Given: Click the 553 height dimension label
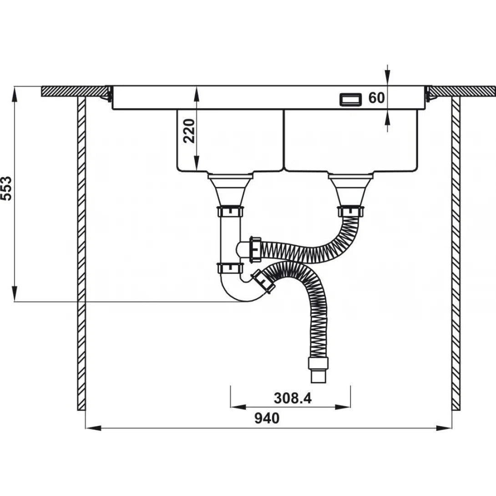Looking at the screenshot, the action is (6, 188).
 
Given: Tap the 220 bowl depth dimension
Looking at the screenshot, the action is (189, 131).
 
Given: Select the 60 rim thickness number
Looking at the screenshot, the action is (376, 98).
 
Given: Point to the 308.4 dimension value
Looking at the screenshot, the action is (293, 398).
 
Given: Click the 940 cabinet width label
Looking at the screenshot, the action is (267, 418).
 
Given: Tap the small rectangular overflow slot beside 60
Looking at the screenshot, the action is (350, 99).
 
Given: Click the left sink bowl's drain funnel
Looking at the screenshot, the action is (230, 190).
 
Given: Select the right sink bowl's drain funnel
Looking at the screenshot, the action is (351, 190).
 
